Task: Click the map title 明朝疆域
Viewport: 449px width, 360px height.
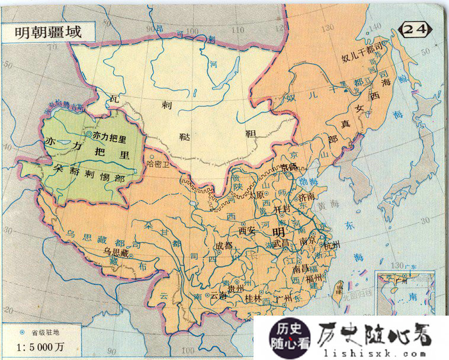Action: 48,32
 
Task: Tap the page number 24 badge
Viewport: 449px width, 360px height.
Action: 416,28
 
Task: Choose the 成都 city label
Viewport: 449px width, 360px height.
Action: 224,244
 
